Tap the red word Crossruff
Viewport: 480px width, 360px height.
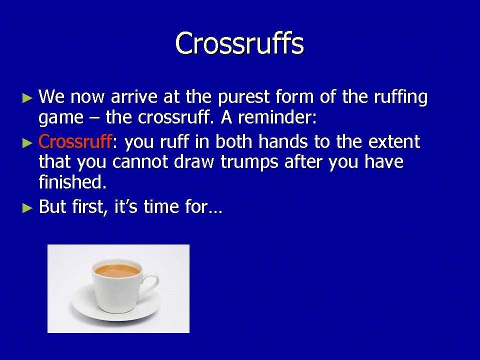pyautogui.click(x=74, y=141)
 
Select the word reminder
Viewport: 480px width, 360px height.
pyautogui.click(x=276, y=117)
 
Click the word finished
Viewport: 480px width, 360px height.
pyautogui.click(x=72, y=181)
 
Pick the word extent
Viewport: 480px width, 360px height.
pyautogui.click(x=394, y=141)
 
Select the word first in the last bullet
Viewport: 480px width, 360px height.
pyautogui.click(x=90, y=207)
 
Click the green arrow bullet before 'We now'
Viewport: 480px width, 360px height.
pyautogui.click(x=27, y=98)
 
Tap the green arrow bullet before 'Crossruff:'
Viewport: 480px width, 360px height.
pyautogui.click(x=27, y=143)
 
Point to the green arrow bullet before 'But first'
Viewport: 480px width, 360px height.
pyautogui.click(x=27, y=208)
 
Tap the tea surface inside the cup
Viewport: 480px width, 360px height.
pyautogui.click(x=117, y=270)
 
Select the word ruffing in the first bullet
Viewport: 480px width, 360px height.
pyautogui.click(x=400, y=97)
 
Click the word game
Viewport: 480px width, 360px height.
pyautogui.click(x=61, y=118)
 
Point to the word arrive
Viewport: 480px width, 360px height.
pyautogui.click(x=134, y=96)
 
